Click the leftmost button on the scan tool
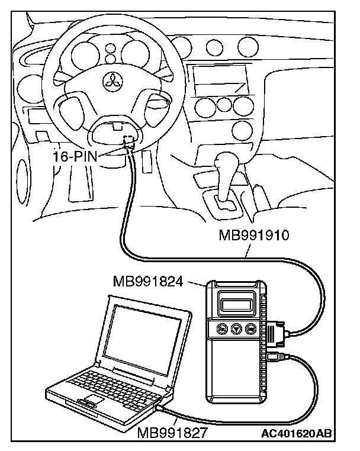coord(223,329)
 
